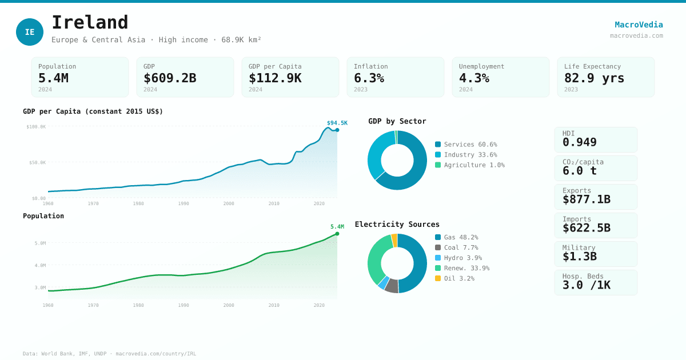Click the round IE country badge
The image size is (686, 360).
click(x=30, y=32)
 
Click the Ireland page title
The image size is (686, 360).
click(x=90, y=23)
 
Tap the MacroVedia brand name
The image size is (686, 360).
click(x=639, y=25)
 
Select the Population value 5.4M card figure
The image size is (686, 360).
click(x=53, y=78)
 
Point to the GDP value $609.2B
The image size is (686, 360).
click(x=170, y=78)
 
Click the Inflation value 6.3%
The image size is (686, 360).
click(x=369, y=78)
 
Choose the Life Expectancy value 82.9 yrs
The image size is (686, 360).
click(x=594, y=78)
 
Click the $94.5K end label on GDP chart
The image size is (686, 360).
click(x=337, y=123)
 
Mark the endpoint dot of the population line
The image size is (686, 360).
click(x=337, y=234)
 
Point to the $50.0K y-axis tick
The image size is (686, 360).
click(x=37, y=162)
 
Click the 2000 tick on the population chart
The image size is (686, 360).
click(x=229, y=305)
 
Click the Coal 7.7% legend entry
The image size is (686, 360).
click(x=460, y=247)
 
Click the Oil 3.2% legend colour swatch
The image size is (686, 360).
click(x=438, y=278)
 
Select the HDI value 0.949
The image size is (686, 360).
click(x=579, y=142)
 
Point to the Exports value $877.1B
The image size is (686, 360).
click(x=586, y=199)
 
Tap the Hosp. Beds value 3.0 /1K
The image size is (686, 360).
click(x=586, y=285)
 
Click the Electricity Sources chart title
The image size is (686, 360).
click(x=397, y=225)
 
